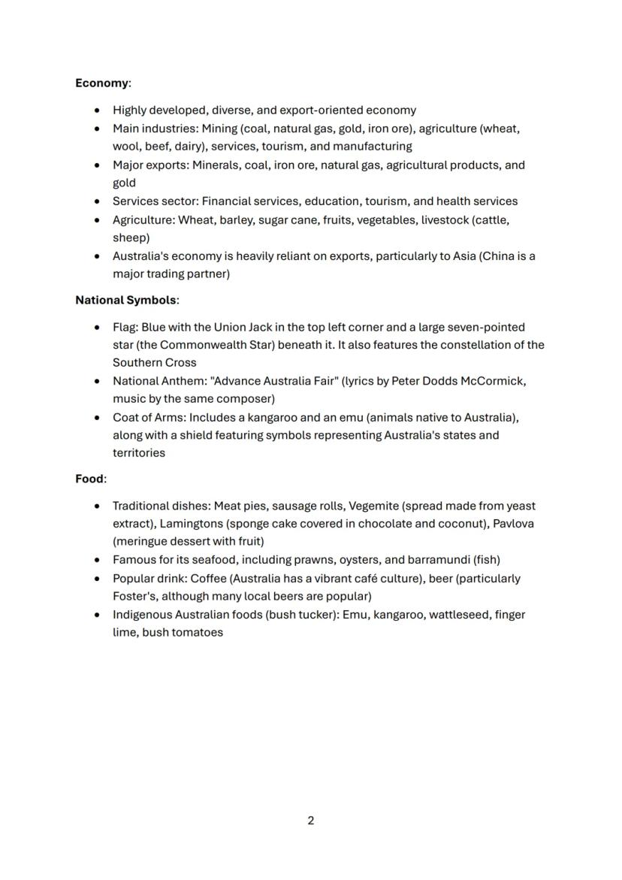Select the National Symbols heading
125,300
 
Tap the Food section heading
89,479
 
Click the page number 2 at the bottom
311,820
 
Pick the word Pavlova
514,523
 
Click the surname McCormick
494,381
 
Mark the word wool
126,147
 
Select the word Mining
219,129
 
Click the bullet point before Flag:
98,328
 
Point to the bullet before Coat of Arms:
98,418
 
